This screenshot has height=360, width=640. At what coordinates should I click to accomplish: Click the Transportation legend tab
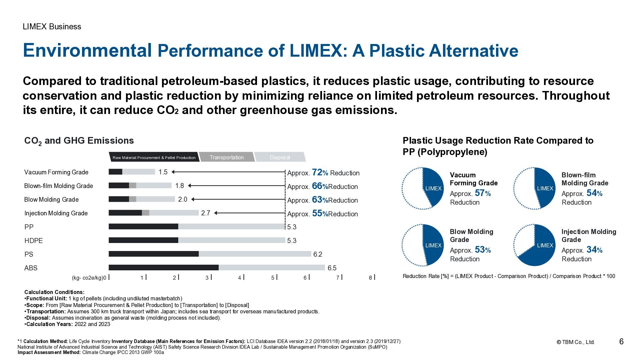tap(227, 157)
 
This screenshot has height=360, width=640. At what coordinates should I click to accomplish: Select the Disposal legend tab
tap(280, 157)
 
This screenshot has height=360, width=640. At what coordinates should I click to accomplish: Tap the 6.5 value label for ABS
tap(332, 268)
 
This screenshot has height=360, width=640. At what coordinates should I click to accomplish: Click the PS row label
tap(29, 254)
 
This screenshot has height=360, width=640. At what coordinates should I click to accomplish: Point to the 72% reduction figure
tap(320, 173)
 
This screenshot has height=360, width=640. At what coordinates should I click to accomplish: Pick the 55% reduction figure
tap(320, 214)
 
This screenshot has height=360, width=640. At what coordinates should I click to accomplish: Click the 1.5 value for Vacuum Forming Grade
tap(163, 172)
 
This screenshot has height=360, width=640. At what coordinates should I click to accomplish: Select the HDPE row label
tap(33, 241)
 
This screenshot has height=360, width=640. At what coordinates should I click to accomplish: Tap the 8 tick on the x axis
tap(371, 278)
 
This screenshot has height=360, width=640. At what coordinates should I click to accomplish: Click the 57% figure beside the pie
tap(483, 193)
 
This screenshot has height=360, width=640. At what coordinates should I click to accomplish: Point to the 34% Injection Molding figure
tap(594, 250)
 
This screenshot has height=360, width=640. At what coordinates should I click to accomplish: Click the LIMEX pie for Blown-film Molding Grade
tap(535, 188)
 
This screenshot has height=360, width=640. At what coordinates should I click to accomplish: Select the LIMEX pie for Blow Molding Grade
tap(423, 245)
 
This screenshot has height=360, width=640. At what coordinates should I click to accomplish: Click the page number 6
tap(621, 342)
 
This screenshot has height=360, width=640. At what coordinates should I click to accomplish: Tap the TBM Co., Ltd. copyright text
tap(576, 342)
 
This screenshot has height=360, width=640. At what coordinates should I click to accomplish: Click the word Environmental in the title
tap(87, 51)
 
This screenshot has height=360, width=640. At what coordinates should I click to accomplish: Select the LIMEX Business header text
tap(52, 27)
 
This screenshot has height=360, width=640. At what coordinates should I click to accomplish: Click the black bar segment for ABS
tap(163, 268)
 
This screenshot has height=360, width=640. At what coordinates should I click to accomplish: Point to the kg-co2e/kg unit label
tap(88, 278)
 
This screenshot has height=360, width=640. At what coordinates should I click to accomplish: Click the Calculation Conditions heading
tap(54, 292)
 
